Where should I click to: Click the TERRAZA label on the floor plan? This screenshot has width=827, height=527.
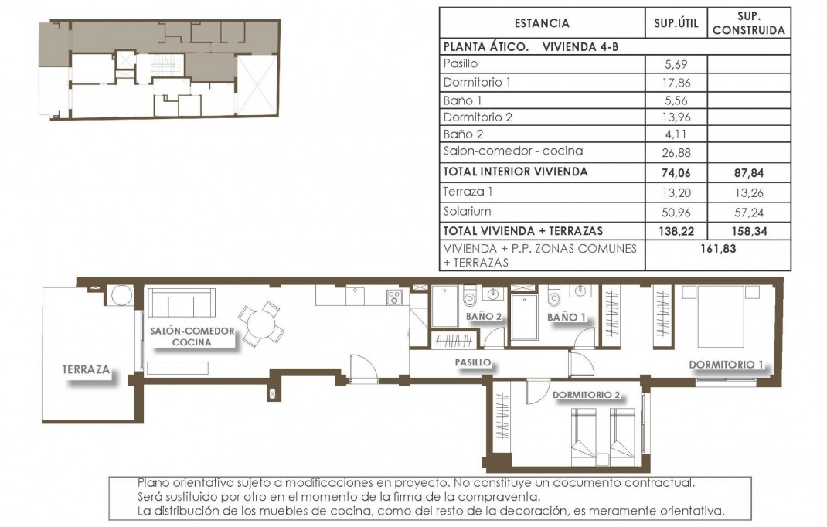[x=86, y=370]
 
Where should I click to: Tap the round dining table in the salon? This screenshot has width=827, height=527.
[x=260, y=323]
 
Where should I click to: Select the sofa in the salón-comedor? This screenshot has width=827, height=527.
[x=181, y=302]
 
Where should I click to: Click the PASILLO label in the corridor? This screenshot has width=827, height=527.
[x=472, y=361]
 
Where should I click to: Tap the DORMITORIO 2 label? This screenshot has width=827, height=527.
[x=587, y=394]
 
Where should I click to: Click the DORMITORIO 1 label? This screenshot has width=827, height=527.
[x=726, y=364]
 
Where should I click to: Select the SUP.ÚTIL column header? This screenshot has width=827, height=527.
[x=676, y=23]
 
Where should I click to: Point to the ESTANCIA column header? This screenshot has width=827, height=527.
[x=541, y=23]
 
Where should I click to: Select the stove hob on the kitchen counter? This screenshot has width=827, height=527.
[x=393, y=296]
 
